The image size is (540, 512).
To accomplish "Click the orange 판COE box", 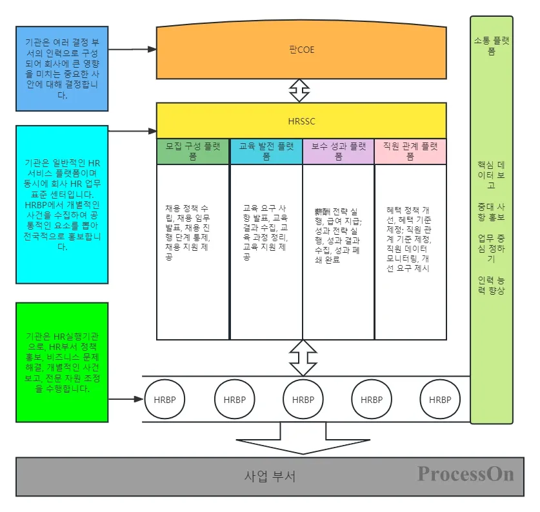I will tap(301, 50).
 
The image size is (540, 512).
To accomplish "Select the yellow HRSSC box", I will tap(301, 121).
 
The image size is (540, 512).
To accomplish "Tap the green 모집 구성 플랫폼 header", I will tap(193, 151).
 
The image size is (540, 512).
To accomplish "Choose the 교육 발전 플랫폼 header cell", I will tap(266, 151).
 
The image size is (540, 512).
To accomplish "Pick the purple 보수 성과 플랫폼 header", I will tap(338, 151).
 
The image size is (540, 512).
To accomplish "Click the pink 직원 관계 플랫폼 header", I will tap(410, 151).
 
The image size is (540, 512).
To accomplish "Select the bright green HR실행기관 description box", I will tap(62, 362).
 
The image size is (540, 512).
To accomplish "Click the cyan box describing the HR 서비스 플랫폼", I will tap(62, 204).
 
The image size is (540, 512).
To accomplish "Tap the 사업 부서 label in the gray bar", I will tap(270, 477).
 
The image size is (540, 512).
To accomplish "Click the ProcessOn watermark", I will tap(465, 474).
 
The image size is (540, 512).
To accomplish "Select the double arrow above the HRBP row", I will tap(301, 357).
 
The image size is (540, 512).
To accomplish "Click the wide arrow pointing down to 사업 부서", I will tap(302, 442).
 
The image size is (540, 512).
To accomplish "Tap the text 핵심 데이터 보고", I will tap(492, 174).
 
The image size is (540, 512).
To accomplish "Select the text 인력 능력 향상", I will tap(492, 286).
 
